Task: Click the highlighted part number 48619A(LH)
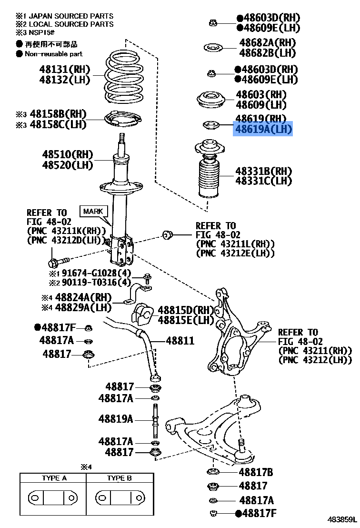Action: tap(262, 129)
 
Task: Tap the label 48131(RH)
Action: tap(65, 70)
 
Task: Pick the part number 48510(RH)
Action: tap(67, 155)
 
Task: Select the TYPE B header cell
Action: tap(119, 478)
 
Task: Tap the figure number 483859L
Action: tap(341, 519)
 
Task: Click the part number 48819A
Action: tap(116, 420)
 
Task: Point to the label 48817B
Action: tap(256, 472)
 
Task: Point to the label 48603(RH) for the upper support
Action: tap(261, 95)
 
